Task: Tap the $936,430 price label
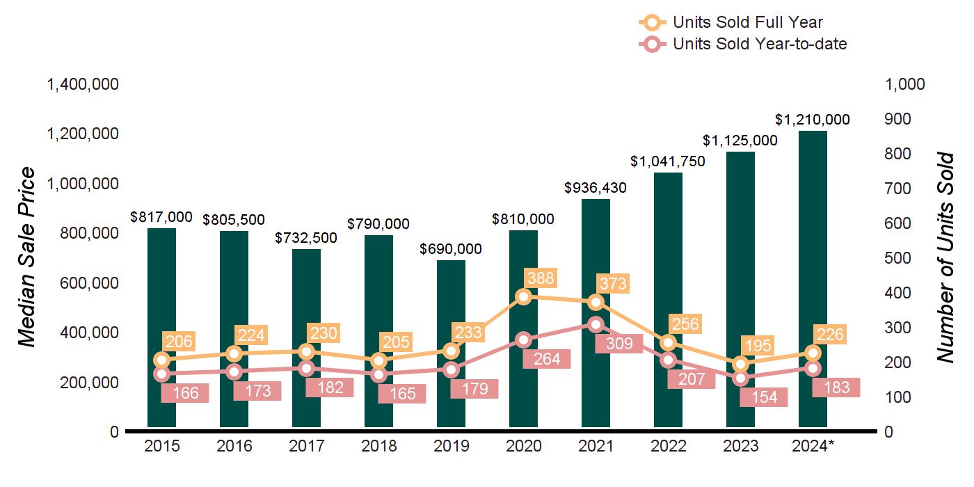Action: click(x=596, y=188)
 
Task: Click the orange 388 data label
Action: click(x=540, y=278)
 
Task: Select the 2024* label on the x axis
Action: click(x=813, y=446)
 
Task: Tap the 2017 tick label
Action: click(x=306, y=446)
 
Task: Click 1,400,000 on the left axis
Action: click(x=82, y=84)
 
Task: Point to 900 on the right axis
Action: click(x=904, y=119)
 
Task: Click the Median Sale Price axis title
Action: click(x=26, y=257)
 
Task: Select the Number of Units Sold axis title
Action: click(x=944, y=257)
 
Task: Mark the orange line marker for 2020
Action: click(x=524, y=297)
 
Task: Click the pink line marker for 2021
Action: click(x=596, y=324)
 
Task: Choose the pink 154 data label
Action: click(x=765, y=397)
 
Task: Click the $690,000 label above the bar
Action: click(x=451, y=249)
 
